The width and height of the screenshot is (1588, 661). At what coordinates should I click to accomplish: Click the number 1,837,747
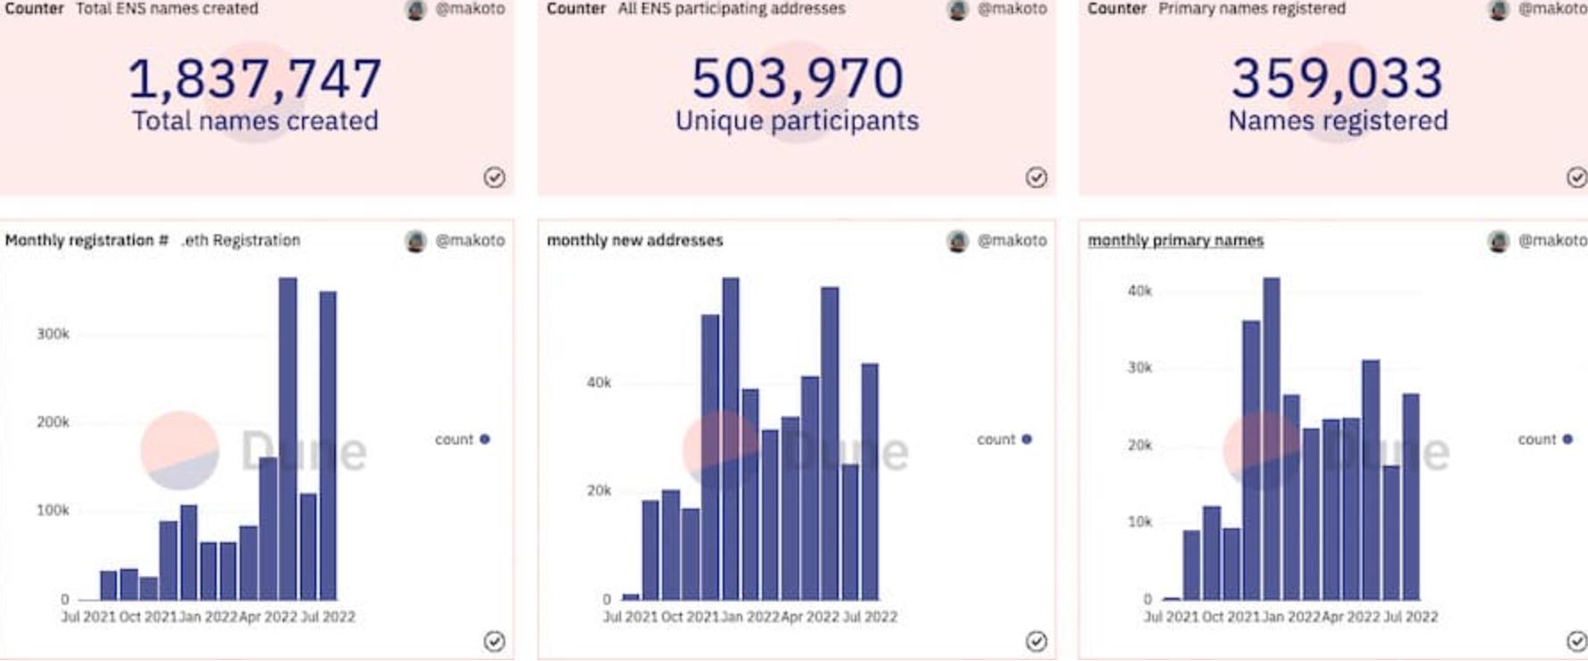click(x=255, y=78)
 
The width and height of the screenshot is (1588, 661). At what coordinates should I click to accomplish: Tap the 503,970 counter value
click(x=797, y=78)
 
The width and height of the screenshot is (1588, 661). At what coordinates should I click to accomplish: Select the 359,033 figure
click(x=1337, y=78)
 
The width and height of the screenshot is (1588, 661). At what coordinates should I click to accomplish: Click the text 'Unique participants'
click(x=797, y=120)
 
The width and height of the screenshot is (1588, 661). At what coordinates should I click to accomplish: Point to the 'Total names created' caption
click(x=255, y=120)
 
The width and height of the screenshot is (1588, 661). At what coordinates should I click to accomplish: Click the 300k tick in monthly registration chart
click(x=53, y=334)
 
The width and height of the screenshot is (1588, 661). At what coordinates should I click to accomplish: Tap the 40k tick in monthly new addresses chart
click(x=599, y=383)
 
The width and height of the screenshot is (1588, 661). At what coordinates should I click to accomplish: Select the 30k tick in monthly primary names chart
click(x=1140, y=368)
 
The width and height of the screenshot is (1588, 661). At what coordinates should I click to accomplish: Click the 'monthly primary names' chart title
click(x=1175, y=241)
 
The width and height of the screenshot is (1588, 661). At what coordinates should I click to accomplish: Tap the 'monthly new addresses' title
click(x=634, y=241)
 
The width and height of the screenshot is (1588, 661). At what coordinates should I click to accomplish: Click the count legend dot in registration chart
click(x=485, y=439)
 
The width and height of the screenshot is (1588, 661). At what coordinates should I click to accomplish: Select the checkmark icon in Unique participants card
click(x=1035, y=177)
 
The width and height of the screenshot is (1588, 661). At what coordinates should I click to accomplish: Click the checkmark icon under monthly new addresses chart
click(x=1035, y=641)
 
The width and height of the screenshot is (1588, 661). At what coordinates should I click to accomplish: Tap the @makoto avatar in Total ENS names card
click(x=415, y=10)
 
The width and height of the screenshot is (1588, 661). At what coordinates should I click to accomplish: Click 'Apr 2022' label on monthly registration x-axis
click(x=268, y=616)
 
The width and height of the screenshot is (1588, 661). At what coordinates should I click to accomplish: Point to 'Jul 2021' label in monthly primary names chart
click(x=1171, y=616)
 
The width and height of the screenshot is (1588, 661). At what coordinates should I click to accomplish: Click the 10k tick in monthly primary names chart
click(x=1140, y=522)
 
